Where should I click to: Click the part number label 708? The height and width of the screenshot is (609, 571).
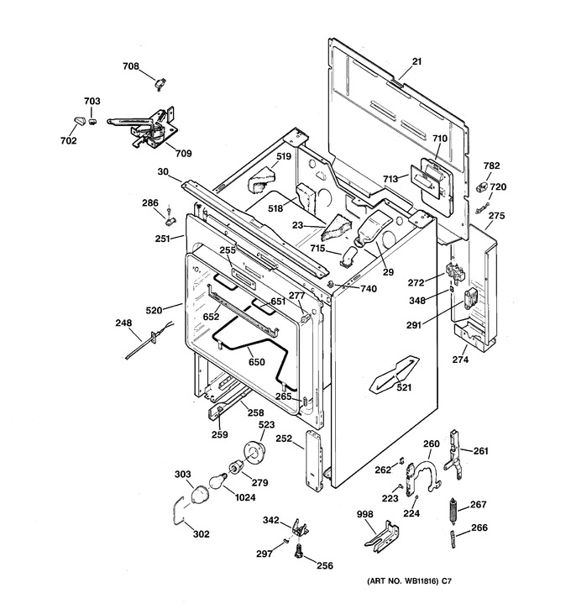point(131,66)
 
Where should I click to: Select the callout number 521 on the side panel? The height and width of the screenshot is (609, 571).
point(404,387)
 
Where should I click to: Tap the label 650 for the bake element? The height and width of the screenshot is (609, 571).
point(257,362)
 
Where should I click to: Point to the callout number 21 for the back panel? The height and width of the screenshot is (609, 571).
point(416,61)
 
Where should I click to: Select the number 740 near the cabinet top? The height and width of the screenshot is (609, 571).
point(369,289)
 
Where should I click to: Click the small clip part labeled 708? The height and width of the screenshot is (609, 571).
point(160,84)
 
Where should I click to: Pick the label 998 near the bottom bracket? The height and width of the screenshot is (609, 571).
point(365,514)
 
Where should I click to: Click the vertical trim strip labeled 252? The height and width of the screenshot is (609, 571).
point(314,461)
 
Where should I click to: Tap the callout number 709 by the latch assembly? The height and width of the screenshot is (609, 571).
point(184,154)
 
